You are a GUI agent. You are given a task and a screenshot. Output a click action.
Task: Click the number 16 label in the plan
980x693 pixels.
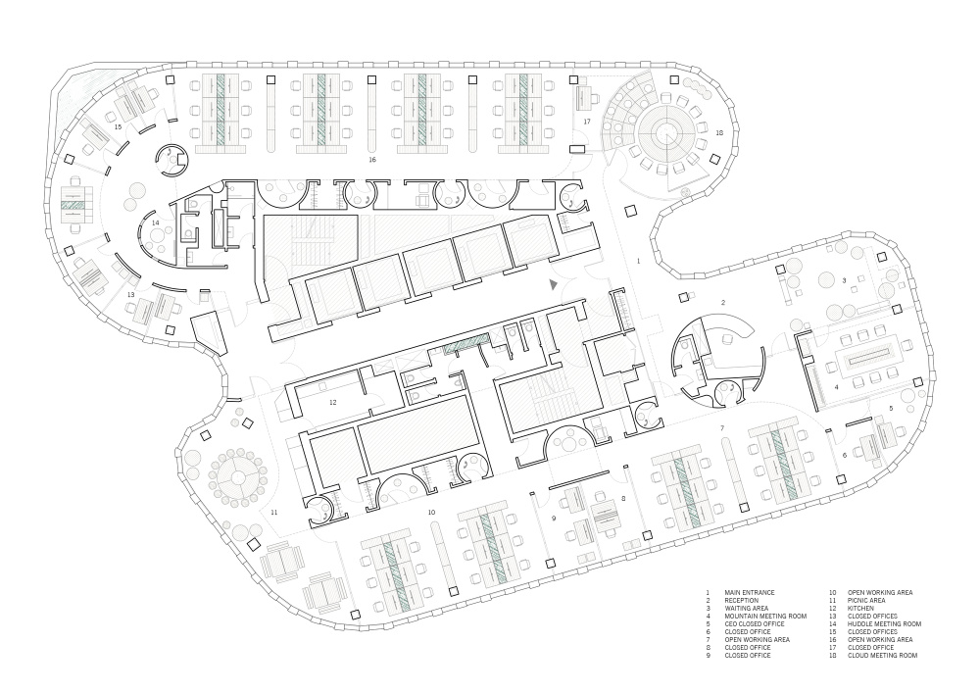(x=372, y=160)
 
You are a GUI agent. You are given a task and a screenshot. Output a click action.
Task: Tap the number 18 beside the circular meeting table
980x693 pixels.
(x=718, y=132)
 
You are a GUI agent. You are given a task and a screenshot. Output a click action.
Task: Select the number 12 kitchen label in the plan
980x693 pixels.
(x=332, y=403)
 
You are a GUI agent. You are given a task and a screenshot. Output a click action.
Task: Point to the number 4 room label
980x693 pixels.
(x=836, y=387)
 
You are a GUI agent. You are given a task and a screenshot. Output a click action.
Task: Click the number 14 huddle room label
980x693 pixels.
(x=155, y=223)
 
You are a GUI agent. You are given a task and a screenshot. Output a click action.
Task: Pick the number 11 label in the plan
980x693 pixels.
(x=273, y=513)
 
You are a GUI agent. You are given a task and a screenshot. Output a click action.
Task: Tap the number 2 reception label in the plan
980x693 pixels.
(x=723, y=303)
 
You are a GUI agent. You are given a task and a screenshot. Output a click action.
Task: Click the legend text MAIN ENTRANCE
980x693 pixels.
(x=750, y=592)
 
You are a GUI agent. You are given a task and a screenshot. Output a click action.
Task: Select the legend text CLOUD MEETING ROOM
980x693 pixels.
(x=883, y=655)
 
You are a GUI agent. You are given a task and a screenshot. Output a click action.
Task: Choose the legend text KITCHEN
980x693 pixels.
(x=860, y=608)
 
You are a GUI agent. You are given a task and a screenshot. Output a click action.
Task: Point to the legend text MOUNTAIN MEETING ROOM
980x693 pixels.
(x=765, y=617)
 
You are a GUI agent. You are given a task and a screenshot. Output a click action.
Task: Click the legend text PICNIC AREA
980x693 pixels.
(x=866, y=601)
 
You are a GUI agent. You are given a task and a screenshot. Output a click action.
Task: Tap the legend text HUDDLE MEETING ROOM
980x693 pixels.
(x=884, y=623)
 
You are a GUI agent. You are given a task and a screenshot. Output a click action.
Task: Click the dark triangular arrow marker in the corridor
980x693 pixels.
(x=553, y=284)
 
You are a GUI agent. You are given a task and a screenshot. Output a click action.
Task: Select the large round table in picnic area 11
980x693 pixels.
(x=238, y=477)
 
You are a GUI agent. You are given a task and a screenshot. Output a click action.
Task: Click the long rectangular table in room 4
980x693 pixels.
(x=870, y=361)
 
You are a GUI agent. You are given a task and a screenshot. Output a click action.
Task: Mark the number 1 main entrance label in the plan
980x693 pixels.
(x=638, y=261)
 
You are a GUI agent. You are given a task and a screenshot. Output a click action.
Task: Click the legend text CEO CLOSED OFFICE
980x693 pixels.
(x=755, y=623)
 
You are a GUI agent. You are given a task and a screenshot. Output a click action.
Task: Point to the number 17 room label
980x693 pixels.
(x=587, y=122)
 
